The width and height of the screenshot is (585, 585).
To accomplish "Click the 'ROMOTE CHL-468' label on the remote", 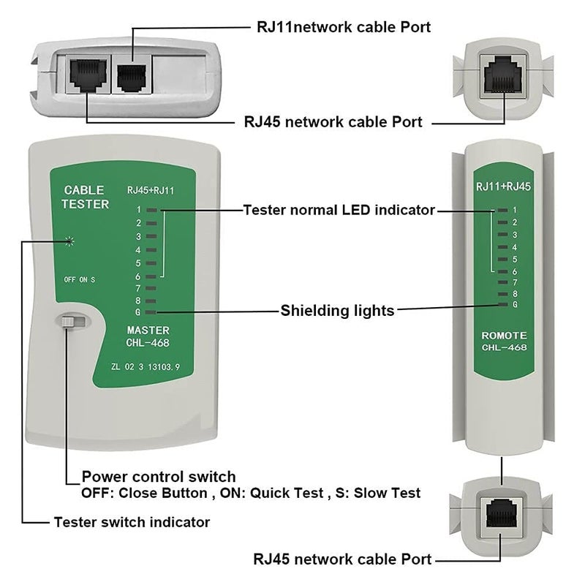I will coord(503,341).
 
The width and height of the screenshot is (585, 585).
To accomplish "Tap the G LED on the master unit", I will coord(151,312).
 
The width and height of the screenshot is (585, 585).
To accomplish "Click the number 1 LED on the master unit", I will coord(151,210).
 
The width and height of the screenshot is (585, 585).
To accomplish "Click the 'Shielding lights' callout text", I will coord(337,311).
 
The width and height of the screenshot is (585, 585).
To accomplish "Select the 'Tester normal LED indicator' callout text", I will coord(339,210).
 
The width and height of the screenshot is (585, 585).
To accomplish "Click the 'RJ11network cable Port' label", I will coord(343,27).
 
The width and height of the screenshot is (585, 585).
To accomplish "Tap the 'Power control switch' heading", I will coord(159,476).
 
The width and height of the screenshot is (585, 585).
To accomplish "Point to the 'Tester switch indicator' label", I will coord(132,522).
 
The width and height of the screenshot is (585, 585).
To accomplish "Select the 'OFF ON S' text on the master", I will coord(79,279).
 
